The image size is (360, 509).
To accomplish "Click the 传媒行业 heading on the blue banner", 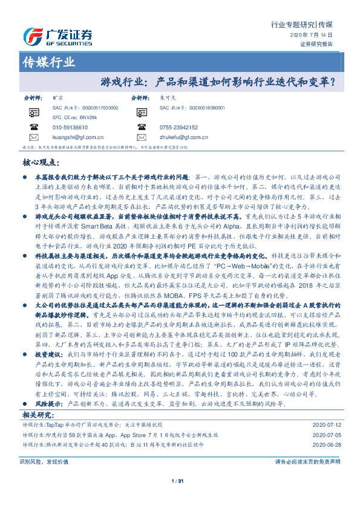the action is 48,62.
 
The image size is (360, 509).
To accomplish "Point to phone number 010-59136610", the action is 70,128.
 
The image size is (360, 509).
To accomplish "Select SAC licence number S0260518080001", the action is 203,107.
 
